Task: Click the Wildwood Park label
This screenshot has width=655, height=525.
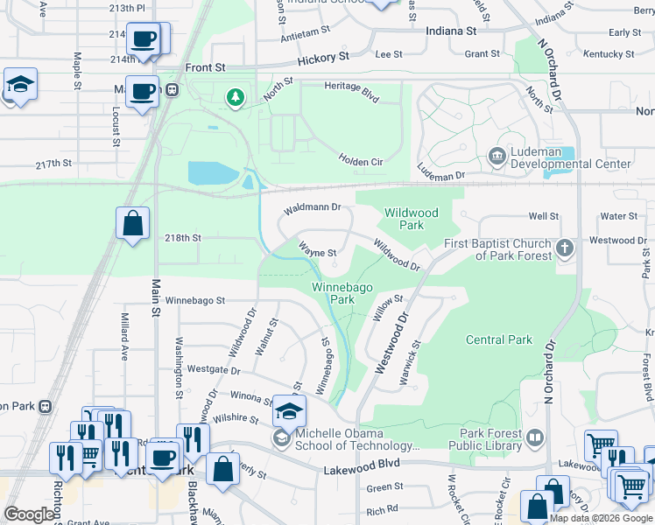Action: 411,219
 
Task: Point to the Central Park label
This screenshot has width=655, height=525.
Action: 498,339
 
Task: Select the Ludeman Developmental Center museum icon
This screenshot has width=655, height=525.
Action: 497,157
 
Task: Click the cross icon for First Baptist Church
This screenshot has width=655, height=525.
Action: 565,248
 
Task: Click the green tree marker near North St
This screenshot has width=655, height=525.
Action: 235,96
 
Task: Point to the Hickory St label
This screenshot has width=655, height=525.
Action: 322,56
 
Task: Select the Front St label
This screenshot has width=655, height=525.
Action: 205,67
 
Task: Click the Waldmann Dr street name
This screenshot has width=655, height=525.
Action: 311,209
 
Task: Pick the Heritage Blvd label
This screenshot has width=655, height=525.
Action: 351,93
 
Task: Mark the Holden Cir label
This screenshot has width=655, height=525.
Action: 361,160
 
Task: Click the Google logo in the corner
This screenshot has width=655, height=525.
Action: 29,514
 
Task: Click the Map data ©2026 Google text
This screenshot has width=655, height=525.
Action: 600,518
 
